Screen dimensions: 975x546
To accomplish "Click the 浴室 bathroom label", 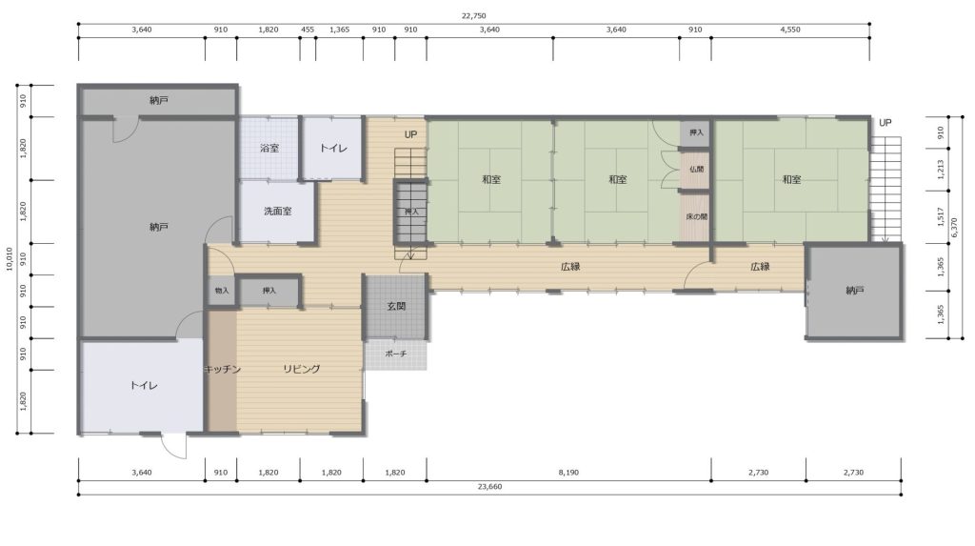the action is click(269, 149).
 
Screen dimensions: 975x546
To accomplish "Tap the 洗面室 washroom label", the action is click(277, 211).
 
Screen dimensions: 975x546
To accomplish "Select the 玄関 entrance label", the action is click(396, 306).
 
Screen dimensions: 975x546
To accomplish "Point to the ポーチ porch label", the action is click(396, 354).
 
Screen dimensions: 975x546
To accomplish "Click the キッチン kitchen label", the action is click(222, 369).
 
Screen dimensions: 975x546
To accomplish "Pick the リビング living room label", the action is click(302, 369).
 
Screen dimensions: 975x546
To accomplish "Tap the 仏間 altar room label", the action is click(696, 169).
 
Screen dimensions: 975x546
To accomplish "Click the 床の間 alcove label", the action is click(696, 216).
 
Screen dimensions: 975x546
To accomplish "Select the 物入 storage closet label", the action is click(222, 291).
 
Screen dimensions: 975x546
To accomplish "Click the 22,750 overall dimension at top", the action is click(474, 16).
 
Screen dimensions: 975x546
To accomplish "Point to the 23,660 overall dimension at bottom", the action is click(490, 487).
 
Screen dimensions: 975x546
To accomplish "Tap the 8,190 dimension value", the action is click(568, 473).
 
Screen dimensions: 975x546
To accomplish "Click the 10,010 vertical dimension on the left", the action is click(10, 259).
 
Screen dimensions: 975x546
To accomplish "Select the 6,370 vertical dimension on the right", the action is click(955, 227).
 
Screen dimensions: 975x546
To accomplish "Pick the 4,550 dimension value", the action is click(790, 30).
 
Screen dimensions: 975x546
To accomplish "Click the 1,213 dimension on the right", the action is click(941, 170).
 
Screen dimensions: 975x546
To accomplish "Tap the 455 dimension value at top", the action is click(308, 30).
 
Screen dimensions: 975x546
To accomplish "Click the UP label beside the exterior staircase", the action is click(885, 123).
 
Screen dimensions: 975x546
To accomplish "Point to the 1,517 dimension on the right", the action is click(941, 216).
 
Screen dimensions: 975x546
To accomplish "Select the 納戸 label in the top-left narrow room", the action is click(159, 100).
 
